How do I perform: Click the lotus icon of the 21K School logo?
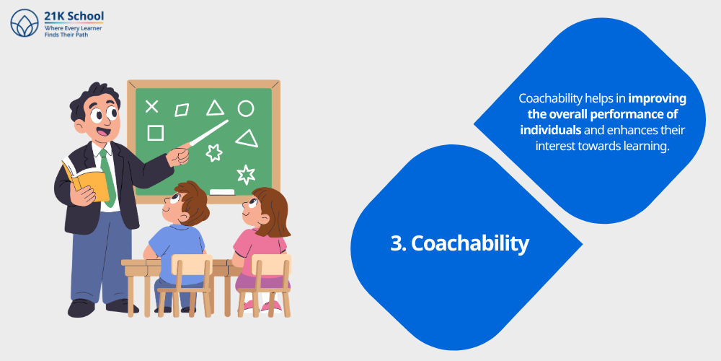point(25,23)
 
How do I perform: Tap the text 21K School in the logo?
point(74,16)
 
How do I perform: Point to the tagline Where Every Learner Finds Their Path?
point(73,31)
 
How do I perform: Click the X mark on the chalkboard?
point(151,107)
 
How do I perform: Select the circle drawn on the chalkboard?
point(246,109)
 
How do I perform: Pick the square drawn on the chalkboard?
point(155,133)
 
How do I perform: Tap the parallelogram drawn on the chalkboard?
point(182,110)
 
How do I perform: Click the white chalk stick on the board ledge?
point(222,192)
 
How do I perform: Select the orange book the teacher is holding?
point(90,180)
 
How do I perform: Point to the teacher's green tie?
point(107,177)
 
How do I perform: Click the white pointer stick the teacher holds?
point(209,134)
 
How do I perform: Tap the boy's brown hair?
point(193,199)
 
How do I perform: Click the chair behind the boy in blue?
point(186,282)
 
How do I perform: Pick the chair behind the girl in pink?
point(268,282)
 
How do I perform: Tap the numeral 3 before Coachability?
point(397,243)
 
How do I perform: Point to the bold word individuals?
point(551,131)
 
